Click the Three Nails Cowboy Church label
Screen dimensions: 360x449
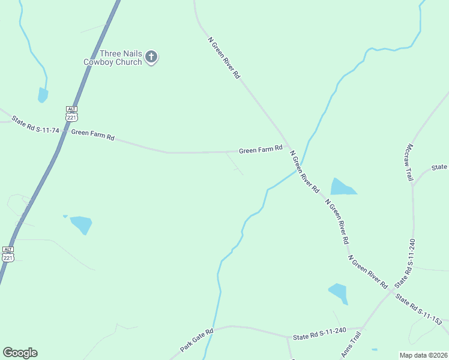[x=121, y=58]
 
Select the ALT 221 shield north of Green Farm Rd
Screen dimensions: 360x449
[x=72, y=114]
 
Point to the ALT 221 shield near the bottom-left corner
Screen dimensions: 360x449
[x=8, y=253]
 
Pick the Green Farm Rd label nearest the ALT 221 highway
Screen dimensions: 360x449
[x=92, y=135]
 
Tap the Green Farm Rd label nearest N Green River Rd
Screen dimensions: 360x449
[x=261, y=149]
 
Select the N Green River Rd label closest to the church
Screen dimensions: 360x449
[x=224, y=58]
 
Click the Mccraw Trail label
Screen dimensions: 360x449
[x=410, y=162]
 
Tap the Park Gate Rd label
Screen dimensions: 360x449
[x=197, y=340]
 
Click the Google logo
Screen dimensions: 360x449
[x=20, y=353]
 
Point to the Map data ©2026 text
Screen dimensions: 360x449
[x=423, y=355]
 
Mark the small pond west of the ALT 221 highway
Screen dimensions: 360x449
[x=43, y=95]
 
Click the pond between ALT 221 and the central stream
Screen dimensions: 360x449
[x=81, y=224]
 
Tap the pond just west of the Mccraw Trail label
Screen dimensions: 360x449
[x=342, y=187]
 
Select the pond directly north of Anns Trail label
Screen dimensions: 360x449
[x=339, y=293]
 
